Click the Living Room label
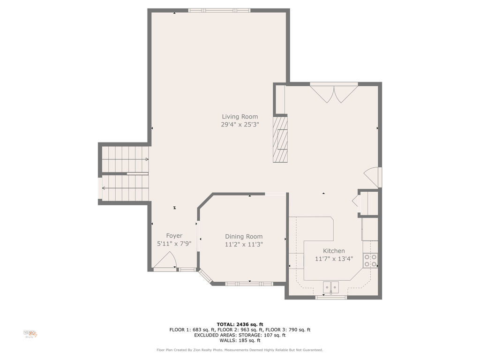[240, 117]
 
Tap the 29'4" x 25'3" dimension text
[240, 125]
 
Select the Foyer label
[174, 236]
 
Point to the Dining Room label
[244, 236]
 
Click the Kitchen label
[334, 251]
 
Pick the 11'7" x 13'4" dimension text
[334, 259]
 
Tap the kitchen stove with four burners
[370, 261]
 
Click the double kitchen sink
[331, 287]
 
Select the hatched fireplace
[280, 139]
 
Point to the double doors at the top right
[334, 93]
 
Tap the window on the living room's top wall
[219, 10]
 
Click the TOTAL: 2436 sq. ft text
[240, 324]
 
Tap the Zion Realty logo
[30, 334]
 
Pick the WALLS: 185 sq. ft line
[240, 340]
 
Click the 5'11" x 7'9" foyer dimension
[174, 244]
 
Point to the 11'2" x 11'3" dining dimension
[244, 244]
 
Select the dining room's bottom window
[249, 284]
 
